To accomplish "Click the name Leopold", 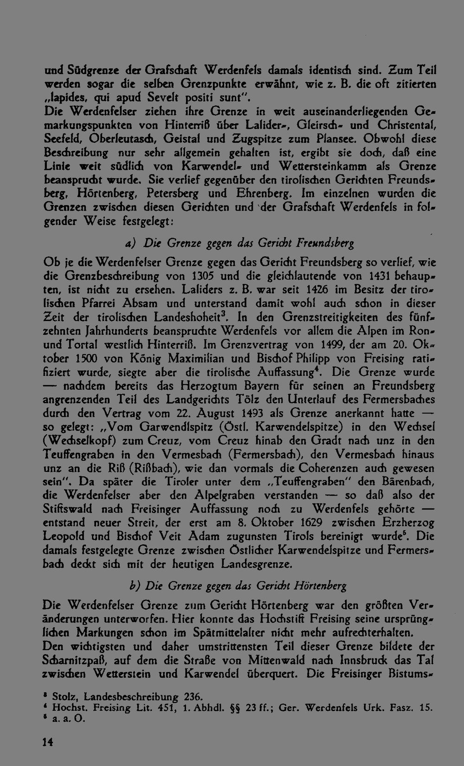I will click(64, 537).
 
